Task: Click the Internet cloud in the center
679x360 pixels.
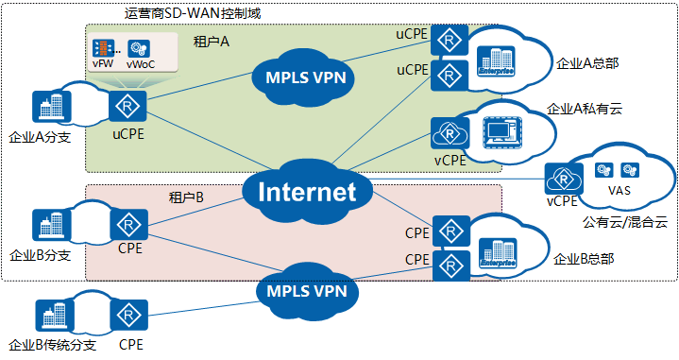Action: tap(308, 193)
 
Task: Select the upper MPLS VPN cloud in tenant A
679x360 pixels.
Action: tap(301, 77)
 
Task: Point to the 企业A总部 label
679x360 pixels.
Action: tap(586, 64)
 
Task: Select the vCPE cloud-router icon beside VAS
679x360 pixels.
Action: tap(563, 177)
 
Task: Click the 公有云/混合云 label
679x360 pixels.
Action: tap(624, 223)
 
